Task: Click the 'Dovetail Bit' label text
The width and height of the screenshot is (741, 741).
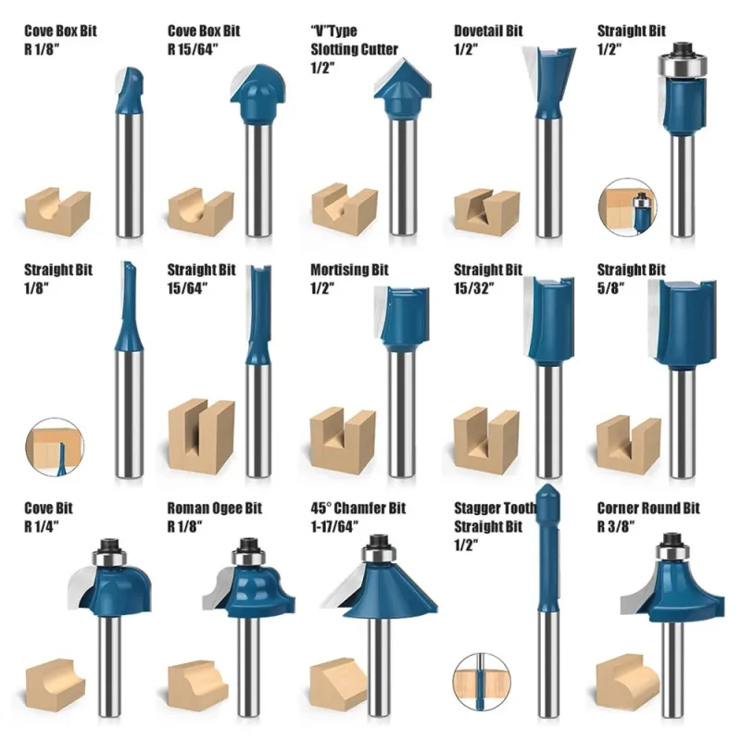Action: (488, 31)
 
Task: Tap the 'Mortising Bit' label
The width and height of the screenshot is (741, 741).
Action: (349, 270)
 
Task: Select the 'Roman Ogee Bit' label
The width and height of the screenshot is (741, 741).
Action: (215, 509)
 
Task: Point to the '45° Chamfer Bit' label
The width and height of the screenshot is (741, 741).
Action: (358, 509)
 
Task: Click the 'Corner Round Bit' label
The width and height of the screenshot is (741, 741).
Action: (648, 509)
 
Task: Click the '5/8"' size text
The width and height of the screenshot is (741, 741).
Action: (610, 288)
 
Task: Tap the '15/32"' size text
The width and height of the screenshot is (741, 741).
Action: (474, 288)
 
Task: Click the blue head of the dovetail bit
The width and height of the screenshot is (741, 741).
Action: (548, 82)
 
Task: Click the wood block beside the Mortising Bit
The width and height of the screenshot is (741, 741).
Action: (343, 442)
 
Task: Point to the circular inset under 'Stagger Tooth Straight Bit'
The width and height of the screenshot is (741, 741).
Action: (482, 682)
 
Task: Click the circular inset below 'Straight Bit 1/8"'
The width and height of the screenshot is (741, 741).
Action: (55, 447)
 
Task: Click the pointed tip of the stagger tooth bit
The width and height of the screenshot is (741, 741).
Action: (547, 484)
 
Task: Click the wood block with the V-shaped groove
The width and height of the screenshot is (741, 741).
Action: (345, 209)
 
